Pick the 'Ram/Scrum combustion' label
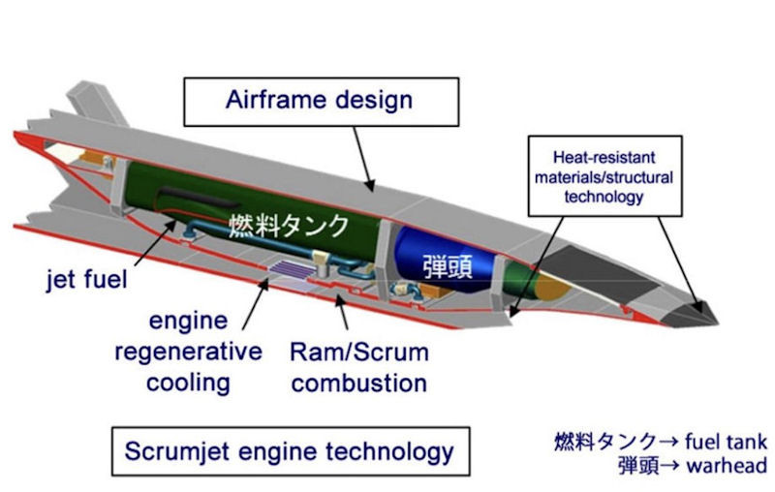pyautogui.click(x=359, y=365)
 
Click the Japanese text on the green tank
pyautogui.click(x=288, y=227)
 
